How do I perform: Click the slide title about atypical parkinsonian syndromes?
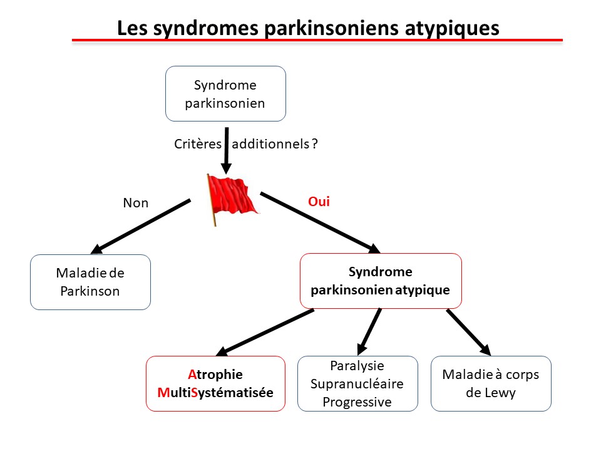[x=308, y=28]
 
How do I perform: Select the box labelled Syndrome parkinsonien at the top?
[x=225, y=94]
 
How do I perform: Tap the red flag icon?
[x=230, y=199]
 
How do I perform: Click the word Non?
[x=135, y=203]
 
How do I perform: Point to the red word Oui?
[x=319, y=202]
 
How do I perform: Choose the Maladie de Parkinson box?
[x=90, y=282]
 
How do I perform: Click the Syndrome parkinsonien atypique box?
[x=381, y=281]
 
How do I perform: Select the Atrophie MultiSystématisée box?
[x=215, y=383]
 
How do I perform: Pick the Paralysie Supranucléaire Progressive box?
[x=357, y=383]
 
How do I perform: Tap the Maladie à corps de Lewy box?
[x=491, y=383]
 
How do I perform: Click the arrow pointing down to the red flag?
[x=226, y=150]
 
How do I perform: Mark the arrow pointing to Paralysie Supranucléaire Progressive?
[x=369, y=331]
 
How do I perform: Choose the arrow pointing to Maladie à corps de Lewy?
[x=468, y=331]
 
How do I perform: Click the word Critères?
[x=197, y=143]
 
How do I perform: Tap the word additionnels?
[x=270, y=143]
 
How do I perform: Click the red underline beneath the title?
[x=317, y=41]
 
